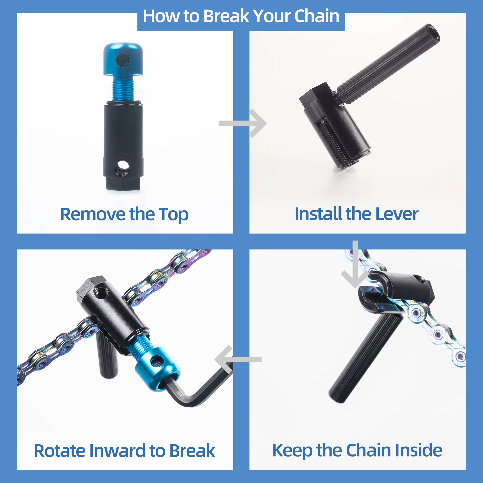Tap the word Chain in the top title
317,16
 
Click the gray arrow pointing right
242,123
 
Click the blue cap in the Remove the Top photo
123,59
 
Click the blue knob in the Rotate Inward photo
157,369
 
